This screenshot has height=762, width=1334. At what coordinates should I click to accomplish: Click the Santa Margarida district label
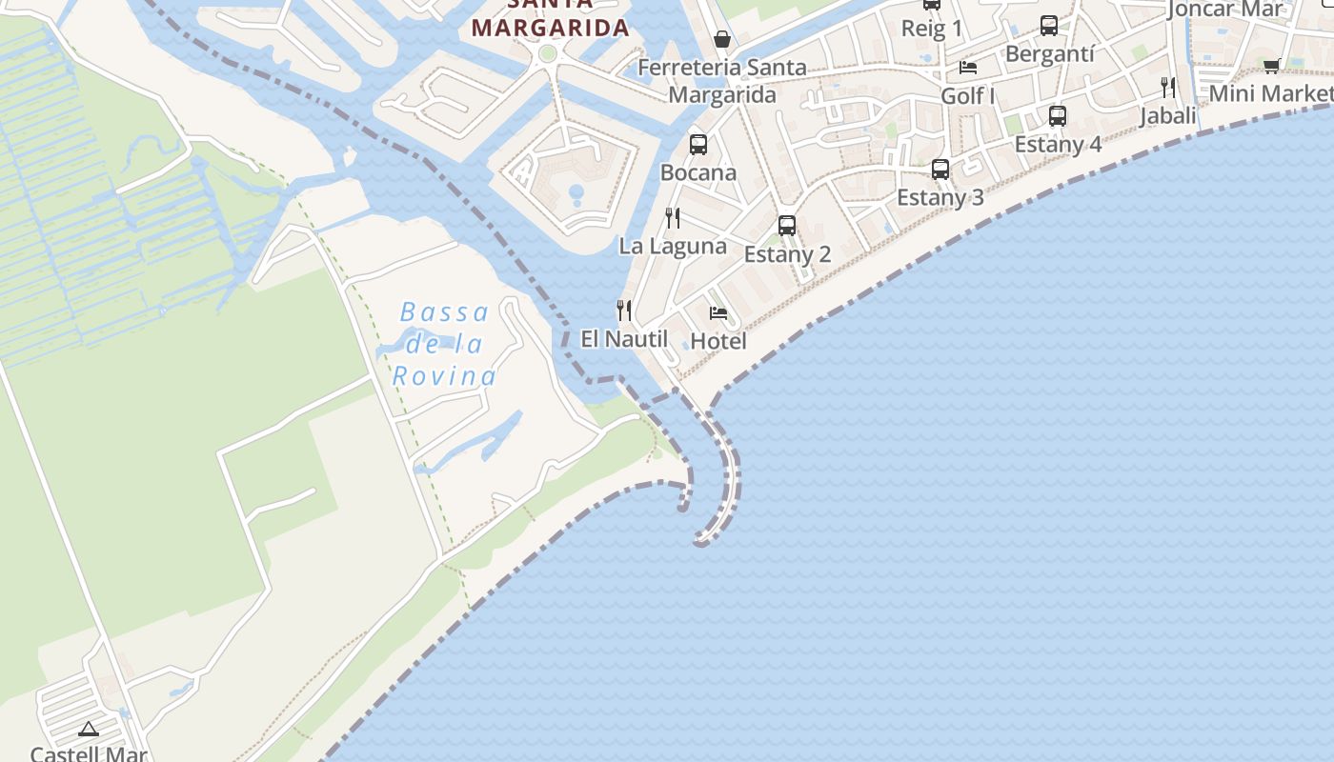551,27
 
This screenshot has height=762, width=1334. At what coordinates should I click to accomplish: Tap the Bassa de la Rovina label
445,344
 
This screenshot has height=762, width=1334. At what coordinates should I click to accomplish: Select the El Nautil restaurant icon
624,310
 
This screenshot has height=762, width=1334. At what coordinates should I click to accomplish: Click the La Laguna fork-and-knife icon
673,218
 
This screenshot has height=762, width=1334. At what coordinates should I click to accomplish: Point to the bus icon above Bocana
698,145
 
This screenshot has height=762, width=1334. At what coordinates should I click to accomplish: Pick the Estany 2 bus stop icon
787,226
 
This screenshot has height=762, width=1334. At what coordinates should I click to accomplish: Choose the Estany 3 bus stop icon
940,170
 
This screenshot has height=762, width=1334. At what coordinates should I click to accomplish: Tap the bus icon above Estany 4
1058,116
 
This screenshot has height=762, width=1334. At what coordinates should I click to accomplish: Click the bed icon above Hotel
718,312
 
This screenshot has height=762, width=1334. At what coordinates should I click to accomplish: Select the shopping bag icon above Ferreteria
722,39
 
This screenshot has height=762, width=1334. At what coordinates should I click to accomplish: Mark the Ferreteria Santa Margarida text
722,81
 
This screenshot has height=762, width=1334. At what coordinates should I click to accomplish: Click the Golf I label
968,96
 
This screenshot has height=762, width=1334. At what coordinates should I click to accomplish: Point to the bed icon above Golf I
968,68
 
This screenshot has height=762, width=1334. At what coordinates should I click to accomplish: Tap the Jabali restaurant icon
1168,88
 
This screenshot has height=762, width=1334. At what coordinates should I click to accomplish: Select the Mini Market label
1271,93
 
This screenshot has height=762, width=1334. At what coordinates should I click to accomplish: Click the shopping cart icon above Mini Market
1271,66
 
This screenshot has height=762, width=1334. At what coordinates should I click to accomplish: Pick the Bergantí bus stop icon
1049,26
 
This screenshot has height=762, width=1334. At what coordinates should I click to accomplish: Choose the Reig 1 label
932,29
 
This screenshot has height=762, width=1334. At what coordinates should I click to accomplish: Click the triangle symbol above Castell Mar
89,730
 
